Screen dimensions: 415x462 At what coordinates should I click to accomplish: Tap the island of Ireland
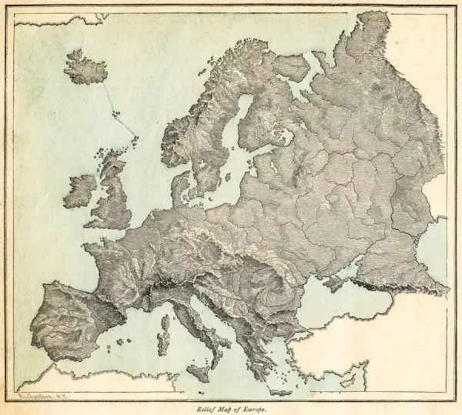click(80, 191)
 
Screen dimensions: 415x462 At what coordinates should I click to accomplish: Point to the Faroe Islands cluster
click(117, 116)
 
